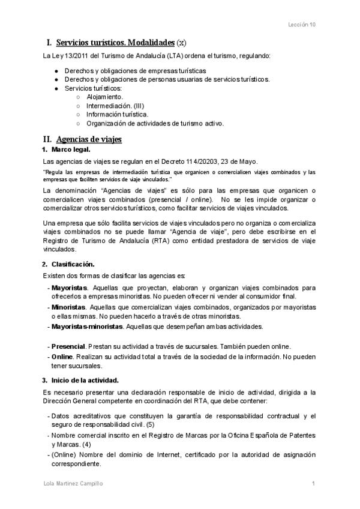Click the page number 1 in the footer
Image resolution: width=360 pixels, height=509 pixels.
tap(314, 483)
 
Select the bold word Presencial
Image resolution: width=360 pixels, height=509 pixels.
tap(68, 346)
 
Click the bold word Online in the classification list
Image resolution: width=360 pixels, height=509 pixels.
tap(62, 357)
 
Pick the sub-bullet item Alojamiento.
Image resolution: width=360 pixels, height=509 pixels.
tap(105, 96)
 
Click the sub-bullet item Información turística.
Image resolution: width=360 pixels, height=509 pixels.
tap(117, 114)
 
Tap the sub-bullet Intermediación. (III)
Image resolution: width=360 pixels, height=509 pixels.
tap(115, 105)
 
